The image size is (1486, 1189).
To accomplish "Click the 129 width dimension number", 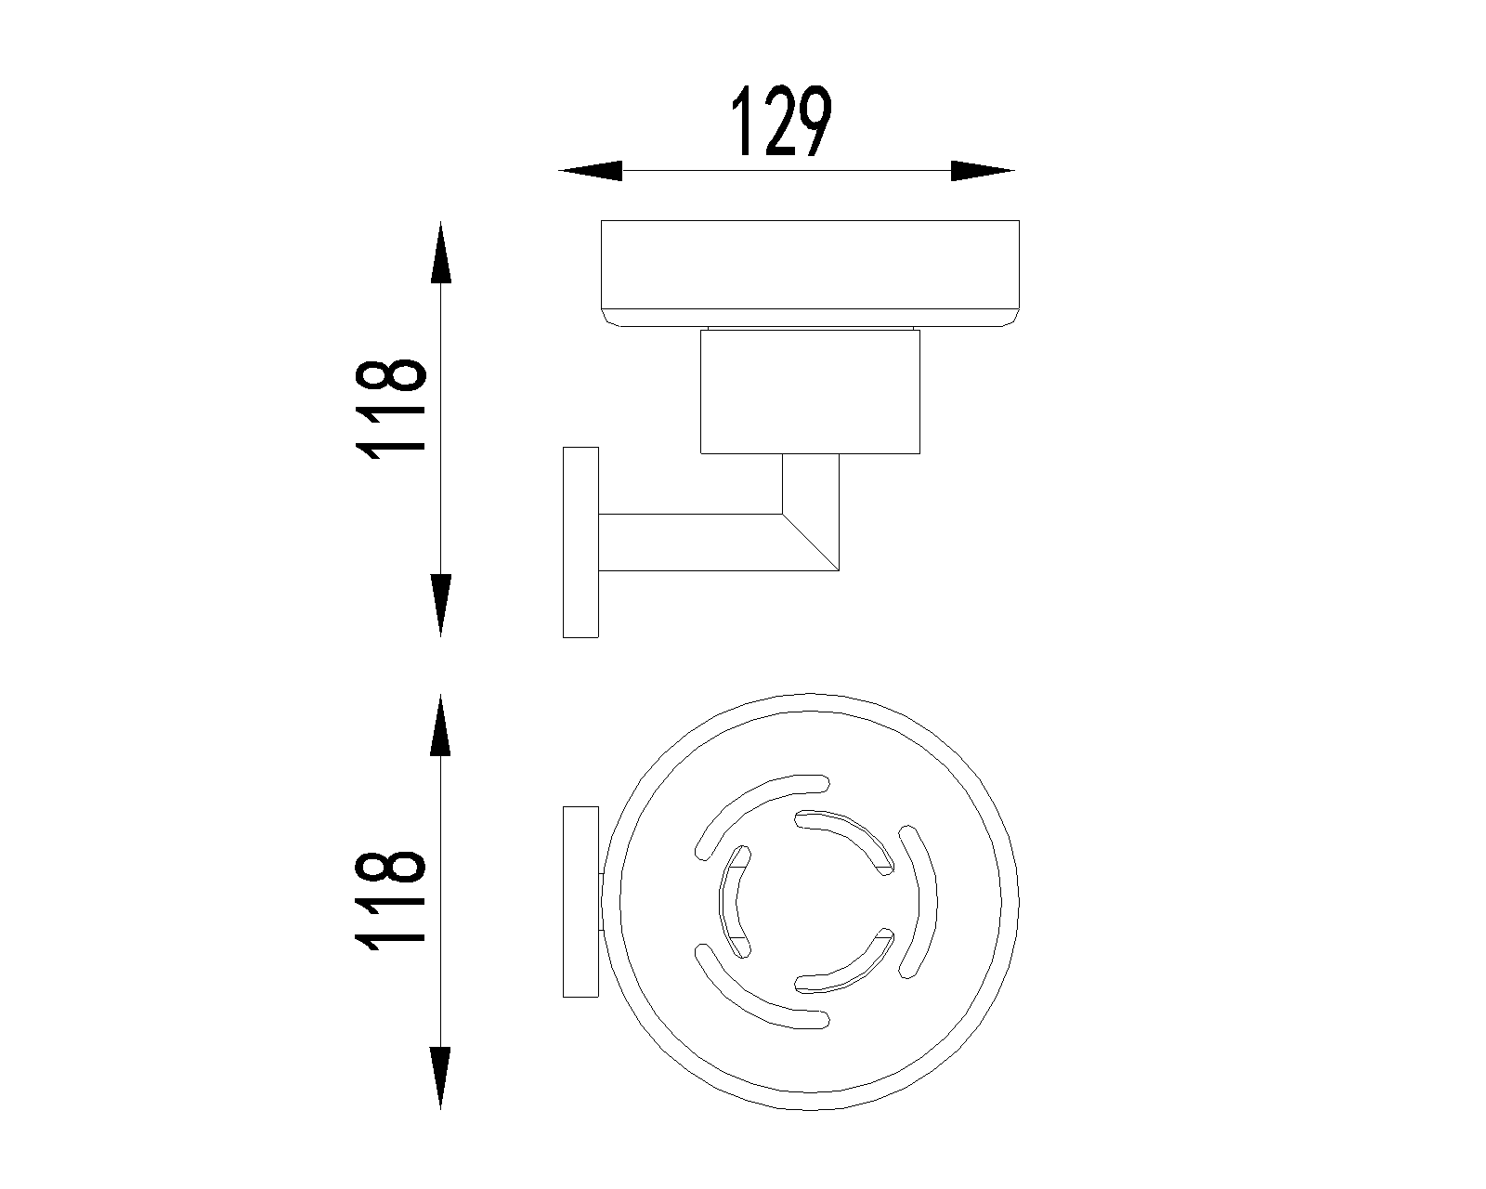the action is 781,121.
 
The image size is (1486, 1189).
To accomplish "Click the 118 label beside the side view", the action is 390,410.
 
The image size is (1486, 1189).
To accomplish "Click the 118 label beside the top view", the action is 390,902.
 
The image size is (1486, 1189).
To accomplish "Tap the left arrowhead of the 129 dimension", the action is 591,171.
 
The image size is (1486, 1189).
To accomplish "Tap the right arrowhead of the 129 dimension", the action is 983,171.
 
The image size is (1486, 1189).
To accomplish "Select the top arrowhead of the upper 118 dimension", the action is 440,253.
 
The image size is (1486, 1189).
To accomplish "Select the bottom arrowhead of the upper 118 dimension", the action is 440,606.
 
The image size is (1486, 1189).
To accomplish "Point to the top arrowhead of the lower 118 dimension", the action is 440,725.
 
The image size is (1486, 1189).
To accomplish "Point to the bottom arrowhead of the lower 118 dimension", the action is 440,1078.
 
